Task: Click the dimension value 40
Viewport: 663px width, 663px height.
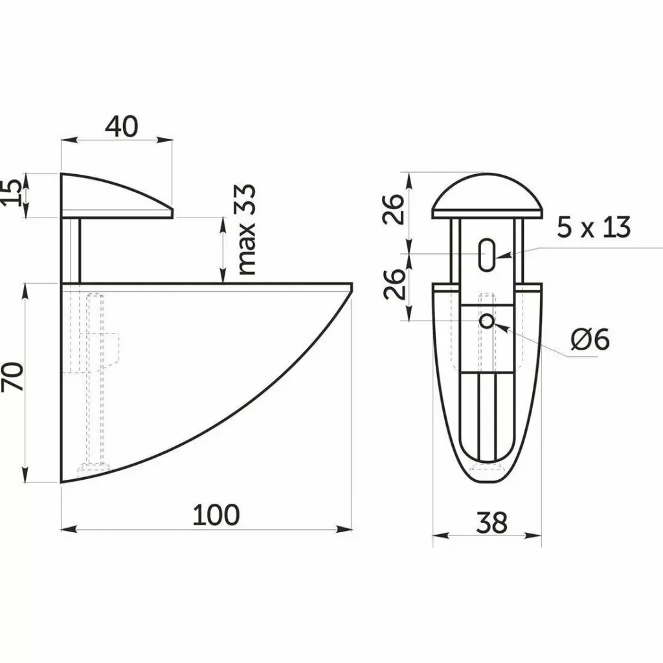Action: click(x=121, y=126)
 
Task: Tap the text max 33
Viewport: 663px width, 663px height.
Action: click(x=247, y=230)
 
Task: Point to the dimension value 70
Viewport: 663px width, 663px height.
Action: click(x=12, y=376)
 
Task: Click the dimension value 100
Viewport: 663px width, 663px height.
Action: click(x=216, y=515)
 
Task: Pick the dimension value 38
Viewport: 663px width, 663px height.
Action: click(x=491, y=523)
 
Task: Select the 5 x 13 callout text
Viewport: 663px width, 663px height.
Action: click(x=593, y=227)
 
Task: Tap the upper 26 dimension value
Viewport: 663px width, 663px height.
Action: click(x=394, y=209)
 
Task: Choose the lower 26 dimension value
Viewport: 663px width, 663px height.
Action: click(x=394, y=284)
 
